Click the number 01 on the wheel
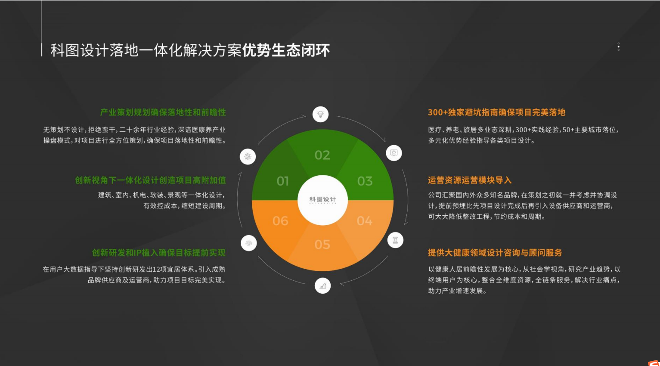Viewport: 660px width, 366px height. [282, 181]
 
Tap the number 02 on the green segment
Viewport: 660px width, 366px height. [322, 155]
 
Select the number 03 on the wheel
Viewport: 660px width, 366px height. [365, 181]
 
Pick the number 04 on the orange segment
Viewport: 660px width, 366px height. [365, 221]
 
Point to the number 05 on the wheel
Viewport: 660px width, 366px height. [322, 244]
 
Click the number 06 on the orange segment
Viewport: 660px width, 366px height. [280, 221]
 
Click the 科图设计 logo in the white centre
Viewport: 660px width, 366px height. [322, 200]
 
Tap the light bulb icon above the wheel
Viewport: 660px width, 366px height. [321, 114]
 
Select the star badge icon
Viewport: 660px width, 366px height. [394, 153]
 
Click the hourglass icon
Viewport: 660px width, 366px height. [395, 240]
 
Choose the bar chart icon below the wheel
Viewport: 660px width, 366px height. [322, 285]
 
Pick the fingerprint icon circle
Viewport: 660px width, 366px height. [249, 243]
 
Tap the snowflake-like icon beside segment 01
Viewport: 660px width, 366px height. [248, 156]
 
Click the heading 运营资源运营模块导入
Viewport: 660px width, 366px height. [470, 180]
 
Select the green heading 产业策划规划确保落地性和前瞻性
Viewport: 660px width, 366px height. [163, 112]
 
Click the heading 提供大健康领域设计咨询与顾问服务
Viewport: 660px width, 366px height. [495, 253]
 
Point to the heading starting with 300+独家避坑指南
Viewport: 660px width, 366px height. [496, 112]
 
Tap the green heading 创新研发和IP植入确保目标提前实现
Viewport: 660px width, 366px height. [159, 253]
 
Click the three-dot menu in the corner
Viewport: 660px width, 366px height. [619, 47]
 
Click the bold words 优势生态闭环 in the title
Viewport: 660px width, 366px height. [286, 50]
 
